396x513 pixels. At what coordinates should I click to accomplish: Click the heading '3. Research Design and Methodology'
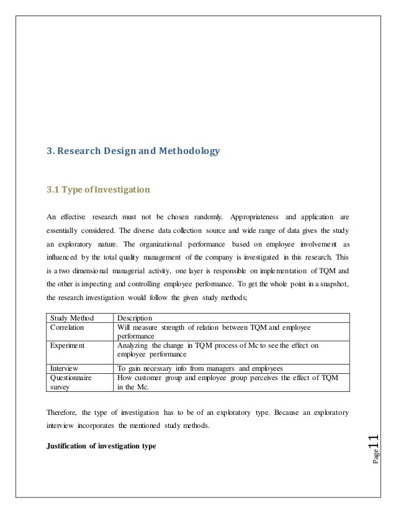[133, 151]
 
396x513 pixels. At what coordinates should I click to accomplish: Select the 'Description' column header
[135, 318]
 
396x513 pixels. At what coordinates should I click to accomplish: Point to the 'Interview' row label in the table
[64, 368]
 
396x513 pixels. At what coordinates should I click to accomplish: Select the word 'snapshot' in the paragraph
[333, 283]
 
